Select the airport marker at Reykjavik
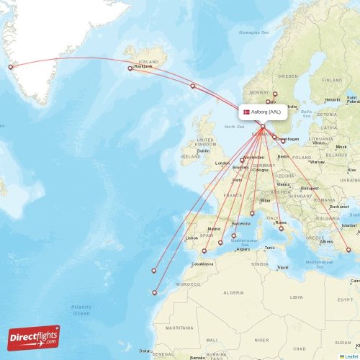(x=130, y=68)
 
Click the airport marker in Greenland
(x=10, y=68)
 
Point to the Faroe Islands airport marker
(x=192, y=86)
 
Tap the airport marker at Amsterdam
(x=242, y=161)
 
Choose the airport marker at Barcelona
(x=233, y=235)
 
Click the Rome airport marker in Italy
(x=282, y=229)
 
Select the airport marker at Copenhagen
(x=283, y=140)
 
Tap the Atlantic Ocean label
(x=81, y=310)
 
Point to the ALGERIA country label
(x=233, y=293)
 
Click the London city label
(x=222, y=163)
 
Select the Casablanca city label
(x=202, y=264)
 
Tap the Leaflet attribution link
(x=351, y=356)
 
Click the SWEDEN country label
(x=288, y=76)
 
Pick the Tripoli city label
(x=282, y=267)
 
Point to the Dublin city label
(x=203, y=150)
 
